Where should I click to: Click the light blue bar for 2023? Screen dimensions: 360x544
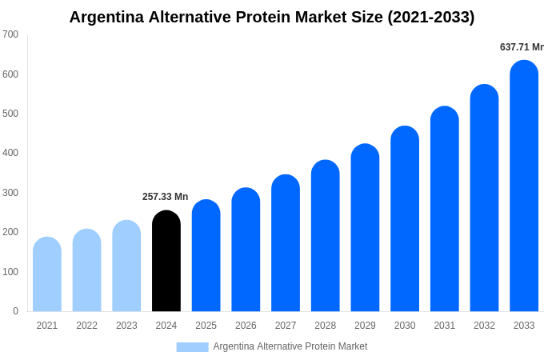[x=126, y=266]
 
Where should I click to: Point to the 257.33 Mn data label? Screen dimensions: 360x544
[x=166, y=197]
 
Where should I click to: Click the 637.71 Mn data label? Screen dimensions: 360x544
[x=522, y=47]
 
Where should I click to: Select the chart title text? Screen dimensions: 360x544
[x=272, y=17]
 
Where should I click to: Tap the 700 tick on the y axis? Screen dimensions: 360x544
[x=10, y=34]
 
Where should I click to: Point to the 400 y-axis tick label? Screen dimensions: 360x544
[x=10, y=153]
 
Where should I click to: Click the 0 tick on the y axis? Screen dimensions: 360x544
[x=15, y=311]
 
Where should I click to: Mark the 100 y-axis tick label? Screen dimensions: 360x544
[x=10, y=272]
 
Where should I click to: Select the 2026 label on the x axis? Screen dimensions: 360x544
[x=246, y=326]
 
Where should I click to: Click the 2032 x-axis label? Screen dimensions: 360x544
[x=484, y=326]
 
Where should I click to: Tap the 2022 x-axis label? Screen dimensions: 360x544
[x=86, y=326]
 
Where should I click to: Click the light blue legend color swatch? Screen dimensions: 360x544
[x=192, y=347]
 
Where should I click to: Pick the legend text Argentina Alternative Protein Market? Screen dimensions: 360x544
[x=290, y=346]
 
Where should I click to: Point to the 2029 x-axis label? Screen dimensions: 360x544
[x=365, y=326]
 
